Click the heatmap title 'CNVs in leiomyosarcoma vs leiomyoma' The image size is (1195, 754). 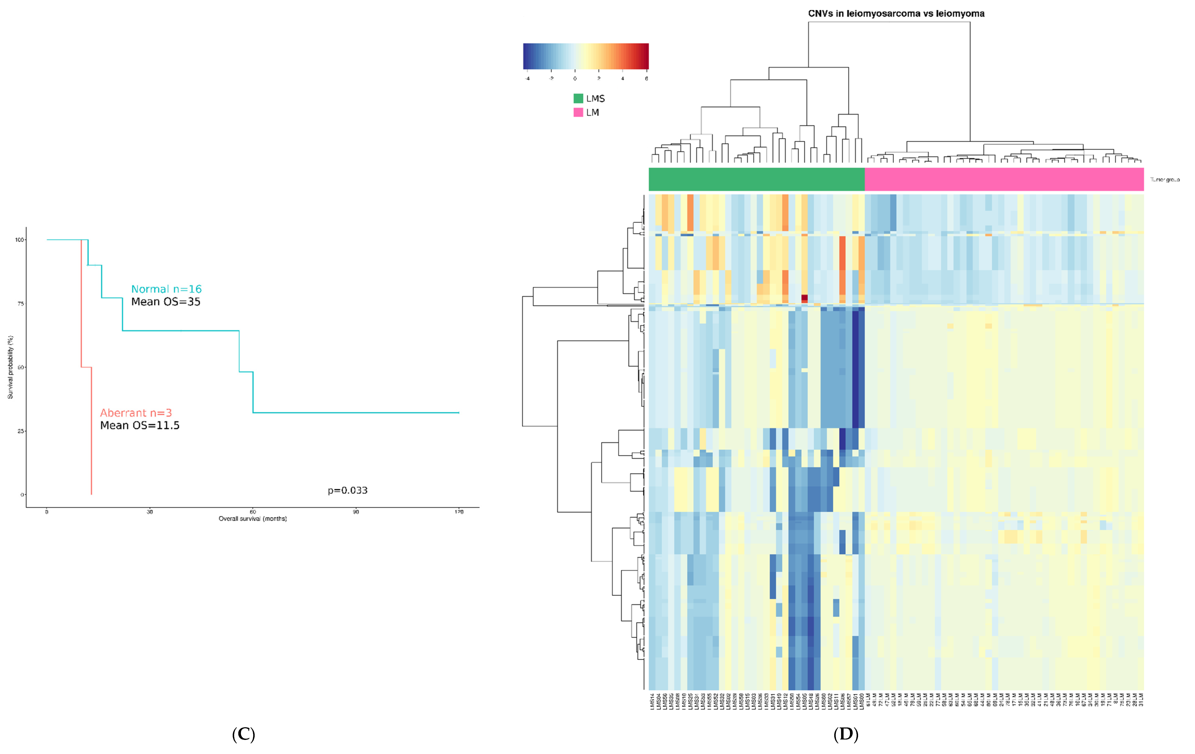(896, 13)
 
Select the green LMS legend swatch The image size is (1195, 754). (578, 98)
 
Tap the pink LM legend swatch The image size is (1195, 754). (578, 112)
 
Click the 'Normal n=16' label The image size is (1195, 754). (166, 289)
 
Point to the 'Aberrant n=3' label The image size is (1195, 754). (136, 413)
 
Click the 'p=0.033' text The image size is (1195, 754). (347, 491)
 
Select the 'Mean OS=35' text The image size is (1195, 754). (166, 302)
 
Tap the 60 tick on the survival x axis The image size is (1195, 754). (253, 512)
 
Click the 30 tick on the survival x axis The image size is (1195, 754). (150, 512)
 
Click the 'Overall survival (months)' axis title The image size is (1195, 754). (253, 519)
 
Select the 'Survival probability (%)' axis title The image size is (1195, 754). (10, 367)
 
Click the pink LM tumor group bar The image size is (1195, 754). (1004, 179)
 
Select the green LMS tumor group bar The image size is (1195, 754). (756, 179)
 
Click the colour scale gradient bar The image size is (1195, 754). (586, 56)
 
